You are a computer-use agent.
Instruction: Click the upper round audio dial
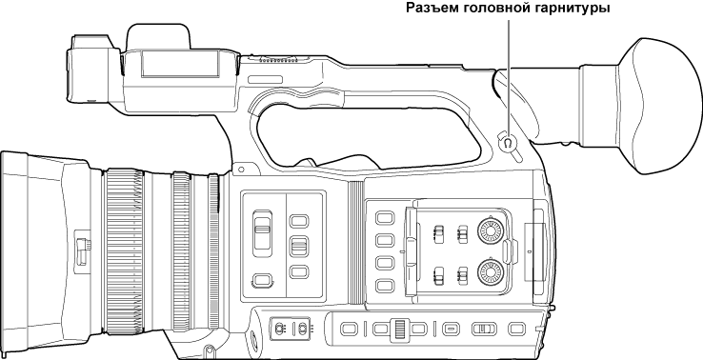[x=491, y=231]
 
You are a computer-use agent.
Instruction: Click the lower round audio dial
[x=491, y=272]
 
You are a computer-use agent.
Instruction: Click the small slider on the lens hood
[x=82, y=250]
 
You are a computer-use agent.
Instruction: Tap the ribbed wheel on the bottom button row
[x=400, y=329]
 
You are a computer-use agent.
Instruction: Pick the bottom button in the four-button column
[x=385, y=285]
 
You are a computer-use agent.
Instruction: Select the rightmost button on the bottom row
[x=517, y=330]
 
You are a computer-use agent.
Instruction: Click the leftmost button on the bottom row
[x=350, y=330]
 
